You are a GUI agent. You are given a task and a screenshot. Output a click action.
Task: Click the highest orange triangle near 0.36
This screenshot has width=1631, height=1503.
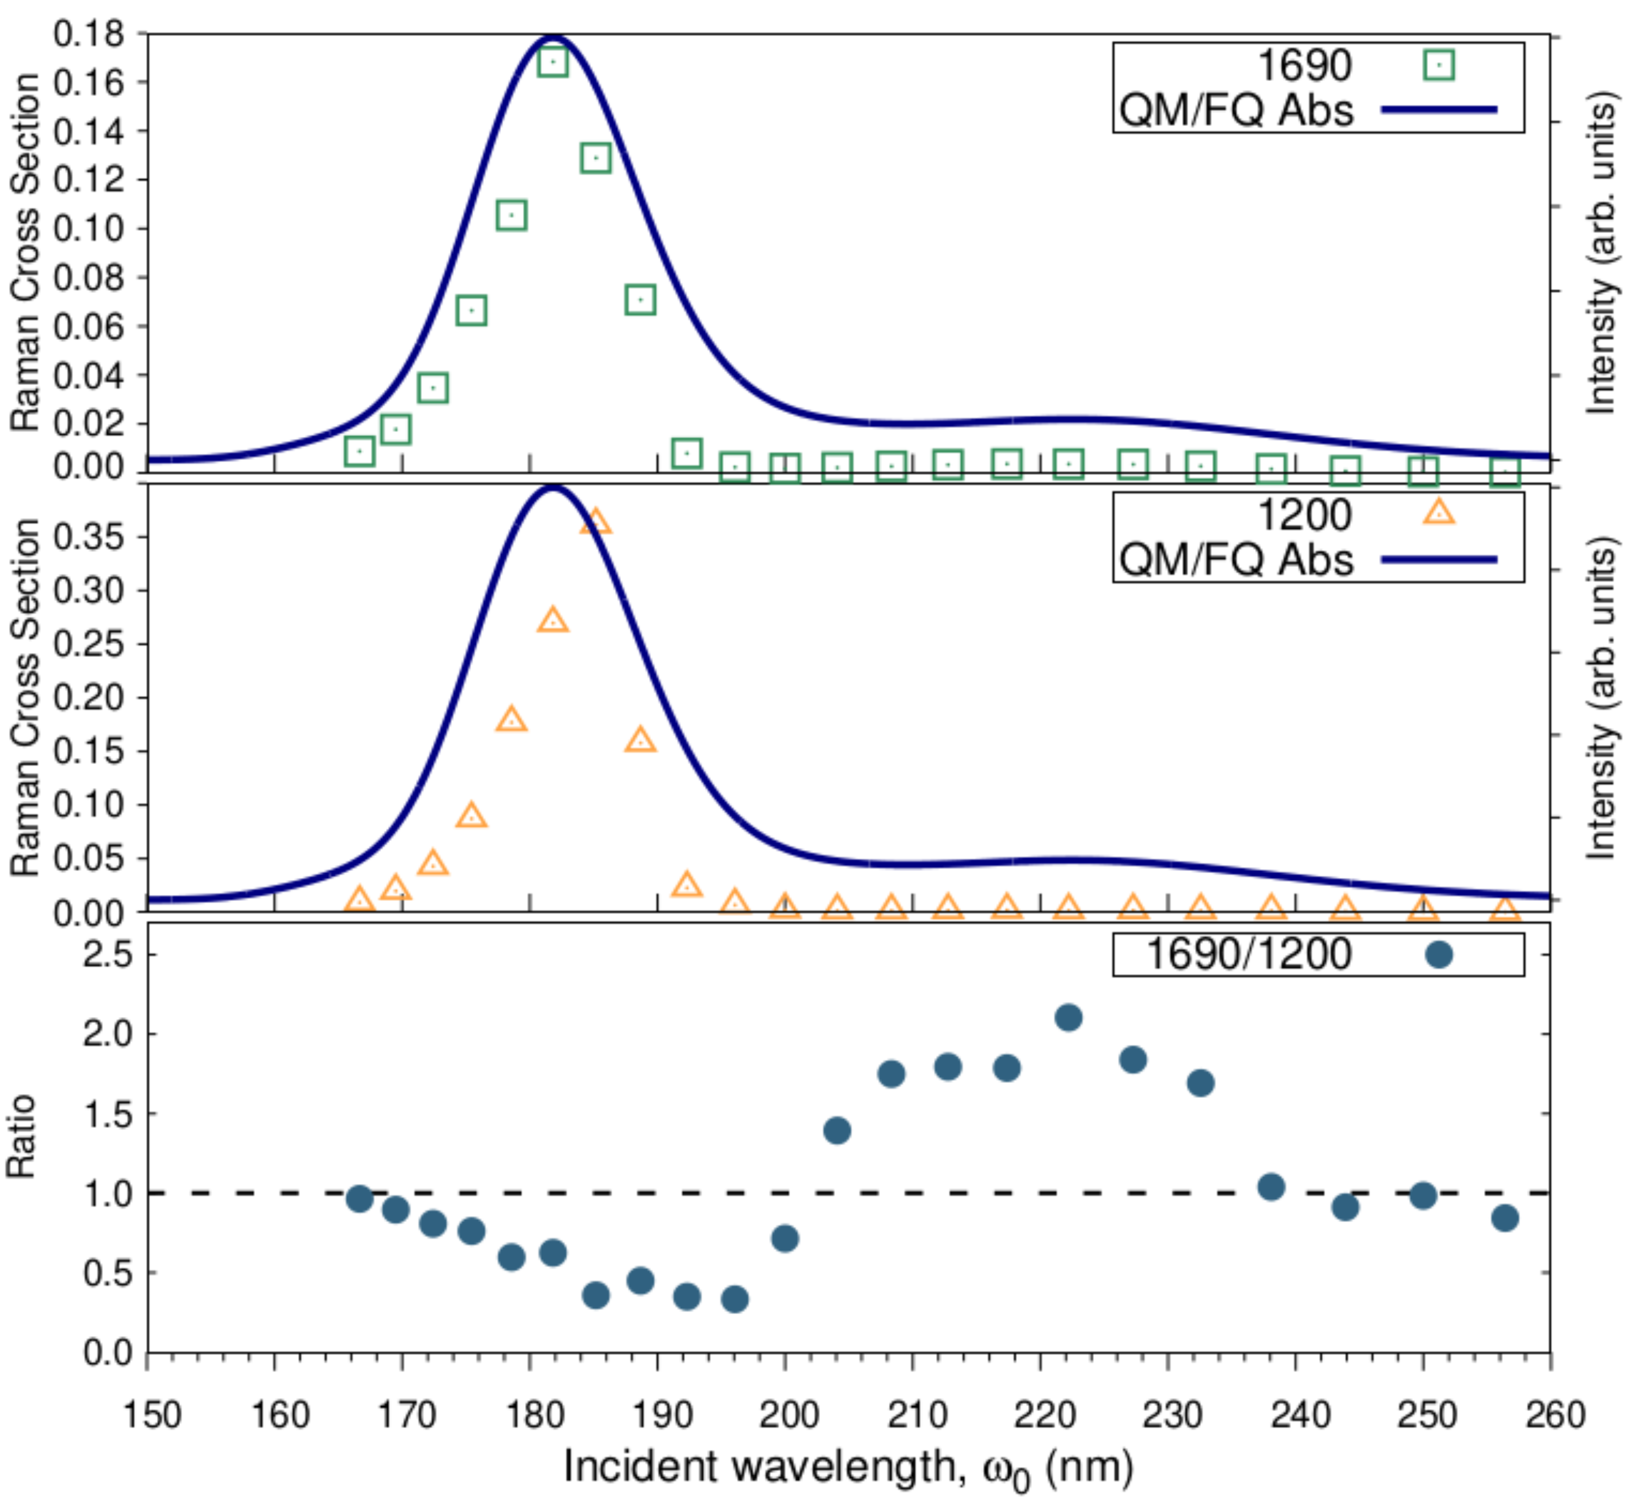pyautogui.click(x=596, y=522)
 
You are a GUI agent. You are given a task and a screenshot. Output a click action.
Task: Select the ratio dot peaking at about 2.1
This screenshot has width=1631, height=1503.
pyautogui.click(x=1068, y=1018)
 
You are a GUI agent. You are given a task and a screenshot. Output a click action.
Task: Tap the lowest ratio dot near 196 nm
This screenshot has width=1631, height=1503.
pyautogui.click(x=735, y=1299)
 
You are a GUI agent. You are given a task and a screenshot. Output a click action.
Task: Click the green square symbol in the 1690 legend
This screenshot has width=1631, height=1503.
pyautogui.click(x=1439, y=65)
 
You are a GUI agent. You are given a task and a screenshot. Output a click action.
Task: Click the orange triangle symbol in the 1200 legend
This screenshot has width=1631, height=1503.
pyautogui.click(x=1439, y=512)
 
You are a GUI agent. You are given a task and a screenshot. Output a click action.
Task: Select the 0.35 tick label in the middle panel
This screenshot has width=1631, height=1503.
pyautogui.click(x=89, y=537)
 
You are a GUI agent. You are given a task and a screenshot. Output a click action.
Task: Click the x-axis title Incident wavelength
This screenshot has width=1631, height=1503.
pyautogui.click(x=848, y=1467)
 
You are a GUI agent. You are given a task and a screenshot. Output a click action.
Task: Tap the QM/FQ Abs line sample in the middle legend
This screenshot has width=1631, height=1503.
pyautogui.click(x=1439, y=560)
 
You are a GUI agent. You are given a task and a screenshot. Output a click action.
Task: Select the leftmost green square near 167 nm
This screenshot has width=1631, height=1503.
pyautogui.click(x=359, y=450)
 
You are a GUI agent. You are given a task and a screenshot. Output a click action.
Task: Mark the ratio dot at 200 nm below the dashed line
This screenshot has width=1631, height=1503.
pyautogui.click(x=784, y=1239)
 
